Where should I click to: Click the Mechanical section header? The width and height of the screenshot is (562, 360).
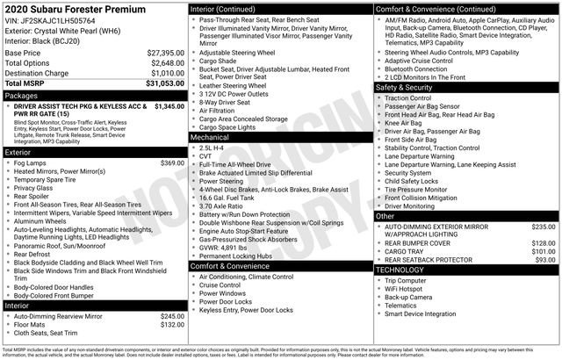coord(210,137)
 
